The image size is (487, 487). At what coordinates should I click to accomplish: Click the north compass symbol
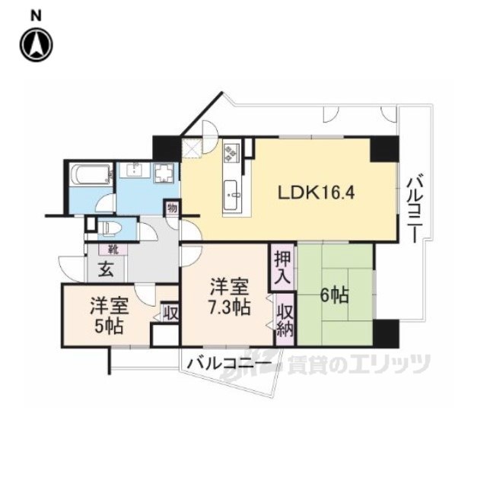pyautogui.click(x=36, y=44)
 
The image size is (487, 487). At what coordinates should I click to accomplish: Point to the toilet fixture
pyautogui.click(x=110, y=226)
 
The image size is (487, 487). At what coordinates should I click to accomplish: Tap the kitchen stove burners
pyautogui.click(x=231, y=156)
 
